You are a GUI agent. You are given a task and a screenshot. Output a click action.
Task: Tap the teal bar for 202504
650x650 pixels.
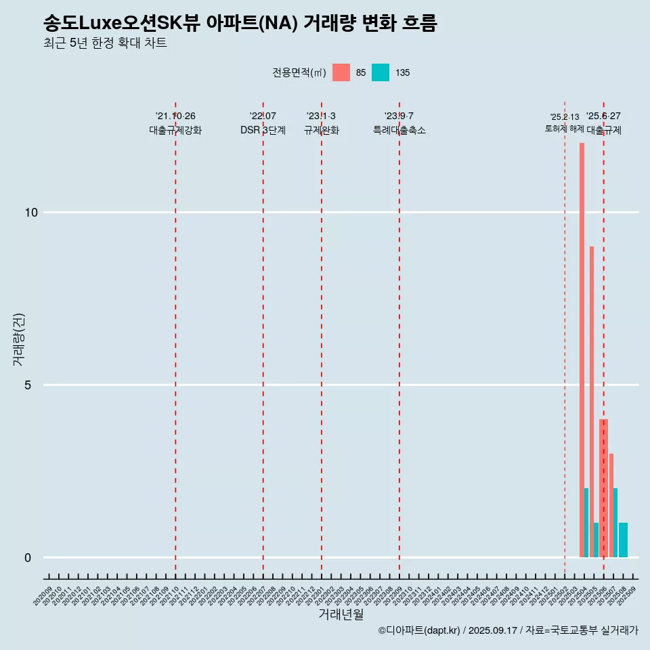tap(586, 523)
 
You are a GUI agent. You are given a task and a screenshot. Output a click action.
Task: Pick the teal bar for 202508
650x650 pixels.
tap(623, 540)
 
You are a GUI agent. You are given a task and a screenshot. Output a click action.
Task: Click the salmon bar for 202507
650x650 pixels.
tap(611, 505)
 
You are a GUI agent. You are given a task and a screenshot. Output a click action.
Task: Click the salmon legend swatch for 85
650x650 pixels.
tap(341, 72)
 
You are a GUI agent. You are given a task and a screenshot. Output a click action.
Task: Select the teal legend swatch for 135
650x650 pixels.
tap(381, 72)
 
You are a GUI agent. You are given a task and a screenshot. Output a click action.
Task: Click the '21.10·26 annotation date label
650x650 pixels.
tap(175, 116)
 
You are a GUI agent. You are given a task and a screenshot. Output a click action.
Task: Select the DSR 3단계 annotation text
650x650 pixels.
tap(263, 131)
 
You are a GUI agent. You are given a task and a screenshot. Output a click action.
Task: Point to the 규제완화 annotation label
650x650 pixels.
tap(321, 131)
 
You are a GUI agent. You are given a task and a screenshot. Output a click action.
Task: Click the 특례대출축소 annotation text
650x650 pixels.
tap(399, 131)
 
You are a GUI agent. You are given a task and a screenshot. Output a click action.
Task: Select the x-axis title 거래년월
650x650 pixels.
tap(341, 614)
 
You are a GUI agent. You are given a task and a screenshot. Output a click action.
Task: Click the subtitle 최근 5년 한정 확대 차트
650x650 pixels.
tap(105, 43)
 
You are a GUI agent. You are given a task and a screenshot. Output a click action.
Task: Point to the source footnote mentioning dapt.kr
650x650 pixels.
tap(508, 630)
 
